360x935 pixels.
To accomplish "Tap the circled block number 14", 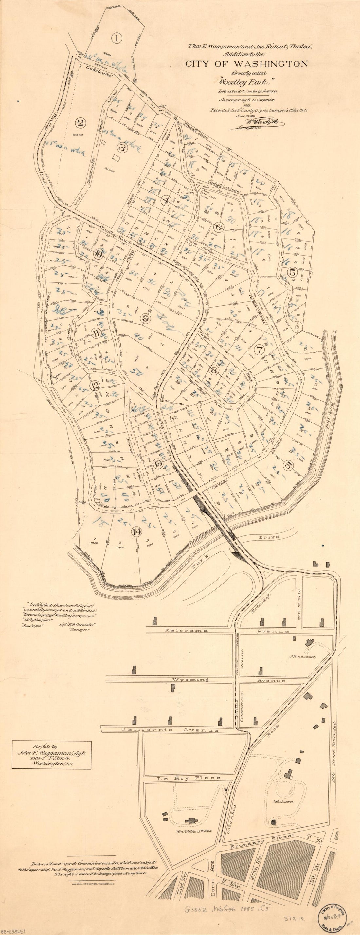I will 136,531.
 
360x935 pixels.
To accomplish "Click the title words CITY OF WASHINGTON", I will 246,64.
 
